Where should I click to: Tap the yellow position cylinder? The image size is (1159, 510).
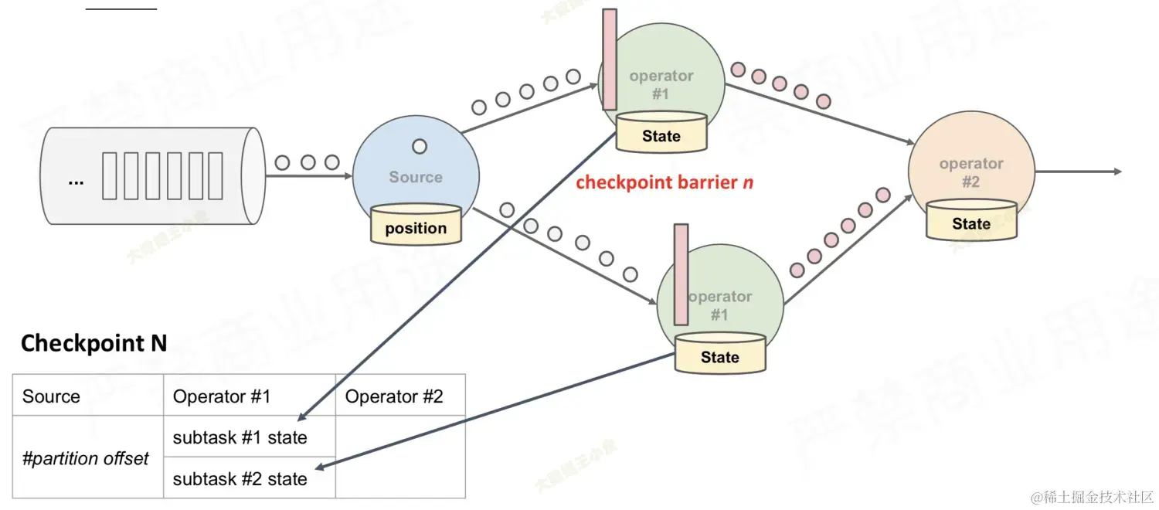pyautogui.click(x=416, y=225)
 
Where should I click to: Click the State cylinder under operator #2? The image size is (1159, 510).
pyautogui.click(x=971, y=221)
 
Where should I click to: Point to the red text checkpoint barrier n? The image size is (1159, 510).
pyautogui.click(x=664, y=183)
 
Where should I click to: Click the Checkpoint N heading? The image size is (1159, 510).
pyautogui.click(x=93, y=343)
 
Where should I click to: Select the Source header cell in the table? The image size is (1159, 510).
pyautogui.click(x=87, y=396)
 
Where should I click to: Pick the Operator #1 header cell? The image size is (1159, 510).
pyautogui.click(x=249, y=396)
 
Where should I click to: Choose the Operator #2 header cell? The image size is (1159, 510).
pyautogui.click(x=399, y=396)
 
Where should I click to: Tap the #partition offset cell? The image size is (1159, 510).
pyautogui.click(x=87, y=458)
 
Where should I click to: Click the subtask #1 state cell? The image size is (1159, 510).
pyautogui.click(x=249, y=437)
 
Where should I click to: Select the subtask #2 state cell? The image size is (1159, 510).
pyautogui.click(x=249, y=479)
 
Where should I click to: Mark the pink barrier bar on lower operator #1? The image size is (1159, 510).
pyautogui.click(x=681, y=274)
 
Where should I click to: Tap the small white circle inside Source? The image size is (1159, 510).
pyautogui.click(x=420, y=146)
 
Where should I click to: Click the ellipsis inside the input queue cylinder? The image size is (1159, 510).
pyautogui.click(x=76, y=181)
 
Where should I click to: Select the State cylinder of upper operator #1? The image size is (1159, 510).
pyautogui.click(x=661, y=133)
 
